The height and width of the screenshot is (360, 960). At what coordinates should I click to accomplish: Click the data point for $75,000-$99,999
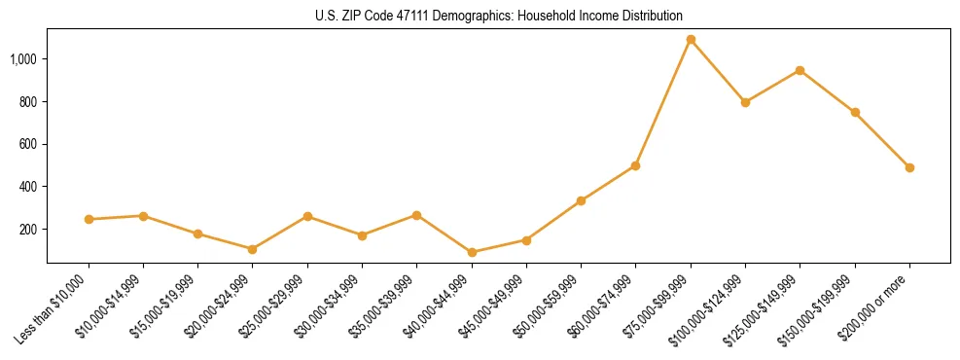tap(691, 40)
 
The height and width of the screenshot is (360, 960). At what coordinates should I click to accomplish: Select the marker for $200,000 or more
tap(909, 167)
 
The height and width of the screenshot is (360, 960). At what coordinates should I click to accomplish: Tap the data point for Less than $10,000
tap(89, 219)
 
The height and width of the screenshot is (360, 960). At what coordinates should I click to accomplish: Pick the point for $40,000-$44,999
tap(472, 252)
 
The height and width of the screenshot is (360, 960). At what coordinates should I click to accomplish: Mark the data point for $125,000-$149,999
tap(800, 70)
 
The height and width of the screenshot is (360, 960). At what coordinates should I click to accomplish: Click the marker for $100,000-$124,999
tap(745, 102)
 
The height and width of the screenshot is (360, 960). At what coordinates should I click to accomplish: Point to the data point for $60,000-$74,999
tap(635, 165)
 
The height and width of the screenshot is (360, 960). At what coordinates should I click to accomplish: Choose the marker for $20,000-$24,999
tap(253, 249)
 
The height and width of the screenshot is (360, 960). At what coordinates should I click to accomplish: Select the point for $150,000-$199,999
tap(855, 112)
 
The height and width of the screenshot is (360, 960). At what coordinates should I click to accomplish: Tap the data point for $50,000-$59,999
tap(581, 200)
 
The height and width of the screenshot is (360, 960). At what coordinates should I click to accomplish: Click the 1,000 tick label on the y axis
tap(23, 59)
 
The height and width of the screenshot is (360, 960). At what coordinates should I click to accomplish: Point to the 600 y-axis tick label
tap(28, 144)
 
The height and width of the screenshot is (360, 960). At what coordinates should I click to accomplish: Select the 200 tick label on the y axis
tap(28, 229)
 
